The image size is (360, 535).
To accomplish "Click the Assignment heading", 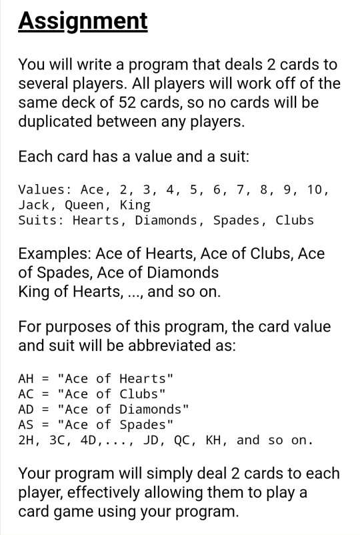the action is [x=83, y=21].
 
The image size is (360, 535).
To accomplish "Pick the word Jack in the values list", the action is [x=33, y=205].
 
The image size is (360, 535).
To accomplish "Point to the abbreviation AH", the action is [x=26, y=379].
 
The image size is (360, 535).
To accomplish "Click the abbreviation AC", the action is [x=26, y=394].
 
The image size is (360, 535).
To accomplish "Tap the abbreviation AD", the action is [x=26, y=410].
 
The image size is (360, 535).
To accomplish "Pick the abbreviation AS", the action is [x=26, y=425].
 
